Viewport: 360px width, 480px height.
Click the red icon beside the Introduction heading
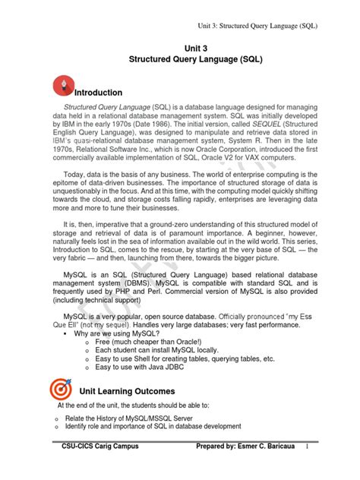coord(63,86)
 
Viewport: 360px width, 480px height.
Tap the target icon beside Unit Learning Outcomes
coord(63,389)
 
